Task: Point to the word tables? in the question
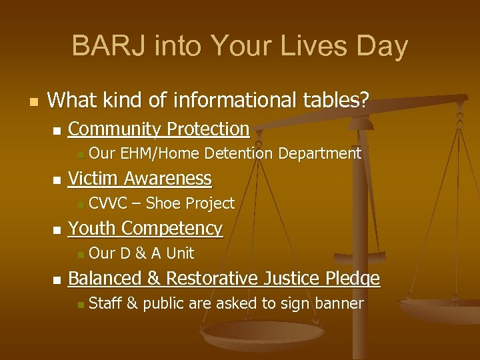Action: (336, 101)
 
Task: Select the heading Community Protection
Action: (159, 129)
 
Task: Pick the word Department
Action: (319, 154)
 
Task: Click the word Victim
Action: (94, 179)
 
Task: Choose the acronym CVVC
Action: (107, 203)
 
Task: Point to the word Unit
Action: (180, 253)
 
